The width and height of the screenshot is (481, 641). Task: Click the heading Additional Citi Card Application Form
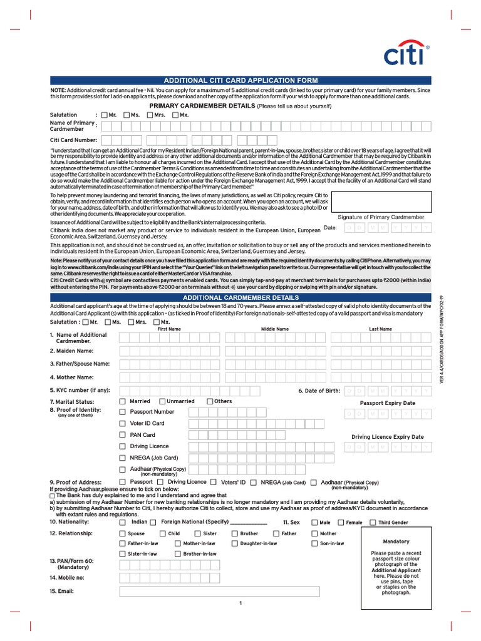coord(240,81)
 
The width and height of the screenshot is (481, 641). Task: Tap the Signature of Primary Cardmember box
coord(381,201)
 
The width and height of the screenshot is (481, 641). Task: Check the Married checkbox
coord(123,401)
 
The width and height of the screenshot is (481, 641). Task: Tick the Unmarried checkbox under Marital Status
coord(162,401)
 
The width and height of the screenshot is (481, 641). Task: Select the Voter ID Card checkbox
coord(123,423)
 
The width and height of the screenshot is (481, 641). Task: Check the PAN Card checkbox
coord(123,434)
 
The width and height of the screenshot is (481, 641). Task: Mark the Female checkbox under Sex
coord(341,522)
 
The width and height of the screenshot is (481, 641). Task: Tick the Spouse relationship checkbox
coord(123,534)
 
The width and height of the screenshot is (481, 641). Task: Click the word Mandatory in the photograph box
coord(396,541)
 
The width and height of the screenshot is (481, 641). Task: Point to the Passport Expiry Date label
coord(387,403)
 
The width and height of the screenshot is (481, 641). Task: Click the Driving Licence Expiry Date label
coord(387,437)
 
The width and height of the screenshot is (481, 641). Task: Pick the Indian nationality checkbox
coord(123,522)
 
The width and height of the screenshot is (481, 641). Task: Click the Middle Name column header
coord(275,329)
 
